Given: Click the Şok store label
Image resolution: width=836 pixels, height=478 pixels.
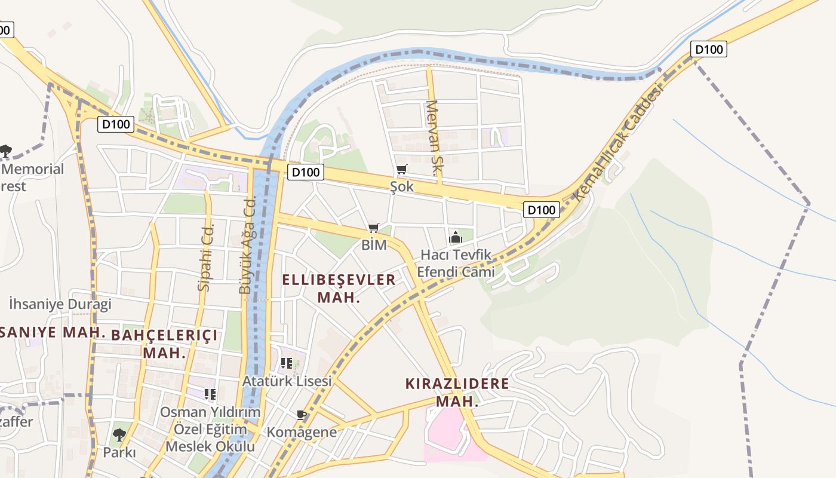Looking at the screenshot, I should coord(402,186).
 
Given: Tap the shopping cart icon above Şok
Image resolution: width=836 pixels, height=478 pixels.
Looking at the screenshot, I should coord(402,170).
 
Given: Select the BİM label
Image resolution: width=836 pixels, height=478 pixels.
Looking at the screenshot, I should coord(374,245).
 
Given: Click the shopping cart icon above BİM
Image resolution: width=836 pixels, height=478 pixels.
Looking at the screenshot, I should coord(374,228).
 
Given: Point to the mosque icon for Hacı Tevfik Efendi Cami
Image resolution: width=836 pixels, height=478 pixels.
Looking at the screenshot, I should coord(456,237).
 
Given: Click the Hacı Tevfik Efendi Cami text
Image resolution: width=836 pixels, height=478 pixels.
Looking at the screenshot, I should coord(456,263).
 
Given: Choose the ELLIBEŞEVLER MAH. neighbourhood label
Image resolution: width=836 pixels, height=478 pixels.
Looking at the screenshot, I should coord(339,288).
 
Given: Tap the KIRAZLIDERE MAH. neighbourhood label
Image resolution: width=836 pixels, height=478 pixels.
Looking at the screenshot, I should coord(457,392).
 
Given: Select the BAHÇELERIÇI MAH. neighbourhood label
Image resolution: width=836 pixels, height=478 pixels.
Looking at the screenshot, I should coord(164,343).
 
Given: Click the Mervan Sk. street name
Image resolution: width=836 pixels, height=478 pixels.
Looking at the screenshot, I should coord(433,138).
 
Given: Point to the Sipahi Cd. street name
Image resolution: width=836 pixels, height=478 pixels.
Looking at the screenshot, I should coord(205,256).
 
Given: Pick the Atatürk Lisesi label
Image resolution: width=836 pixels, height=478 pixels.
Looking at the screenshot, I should coord(287,381).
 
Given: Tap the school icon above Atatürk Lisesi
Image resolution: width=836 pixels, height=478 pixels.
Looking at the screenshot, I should coord(287,363).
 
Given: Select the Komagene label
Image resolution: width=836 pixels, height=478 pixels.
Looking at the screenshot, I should coord(302,432).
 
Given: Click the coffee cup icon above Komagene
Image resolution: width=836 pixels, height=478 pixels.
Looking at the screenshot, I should coord(302,415).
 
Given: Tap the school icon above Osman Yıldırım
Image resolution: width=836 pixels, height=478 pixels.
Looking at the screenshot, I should coord(210,394).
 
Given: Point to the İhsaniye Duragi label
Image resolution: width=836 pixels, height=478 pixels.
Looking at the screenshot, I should coord(60,304).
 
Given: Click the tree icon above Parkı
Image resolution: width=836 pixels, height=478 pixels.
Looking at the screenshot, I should coord(119,434).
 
